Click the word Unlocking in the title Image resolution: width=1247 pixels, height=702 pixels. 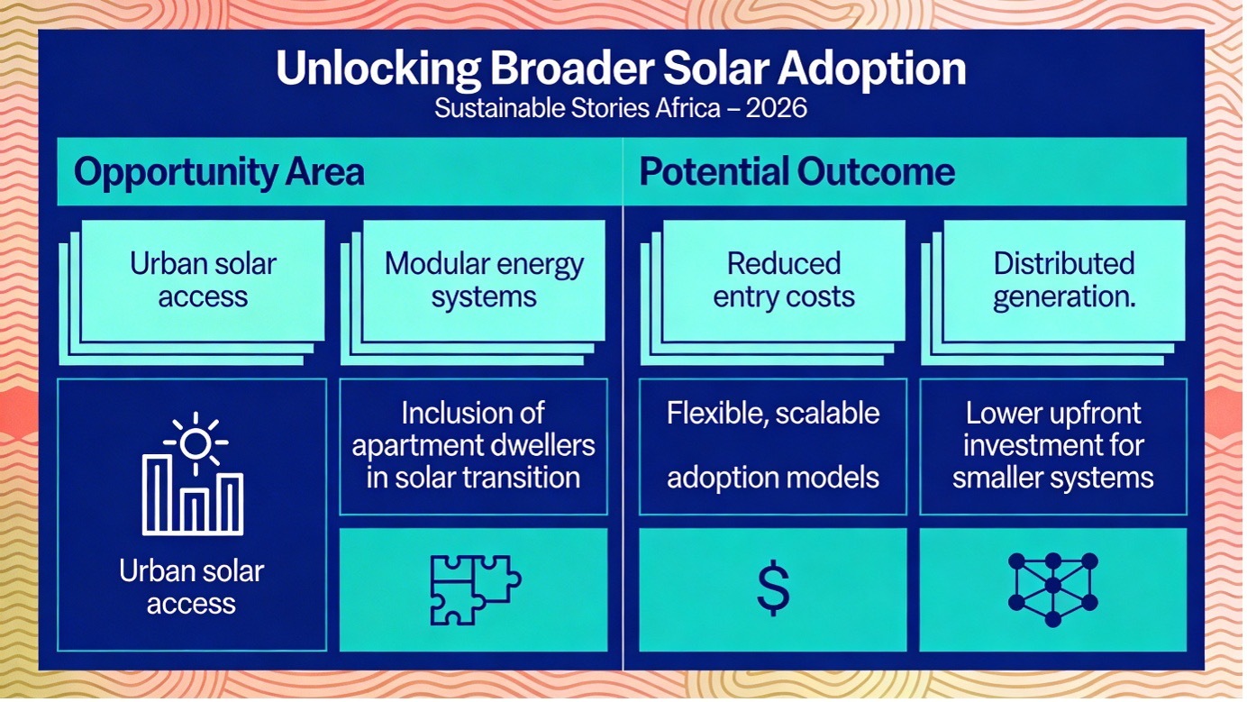(378, 69)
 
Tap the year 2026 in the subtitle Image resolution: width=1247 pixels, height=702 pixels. (777, 108)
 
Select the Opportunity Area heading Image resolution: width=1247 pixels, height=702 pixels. (219, 172)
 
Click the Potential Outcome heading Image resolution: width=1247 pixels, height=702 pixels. (797, 171)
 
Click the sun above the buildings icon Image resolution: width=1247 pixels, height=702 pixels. (196, 443)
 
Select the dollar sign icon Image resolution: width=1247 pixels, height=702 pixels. (773, 589)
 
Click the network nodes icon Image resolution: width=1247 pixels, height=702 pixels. (1052, 589)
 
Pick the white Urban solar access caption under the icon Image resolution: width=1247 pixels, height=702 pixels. (192, 588)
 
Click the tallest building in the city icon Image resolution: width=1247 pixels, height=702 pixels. (158, 495)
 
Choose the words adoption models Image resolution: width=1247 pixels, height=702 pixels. (773, 478)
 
